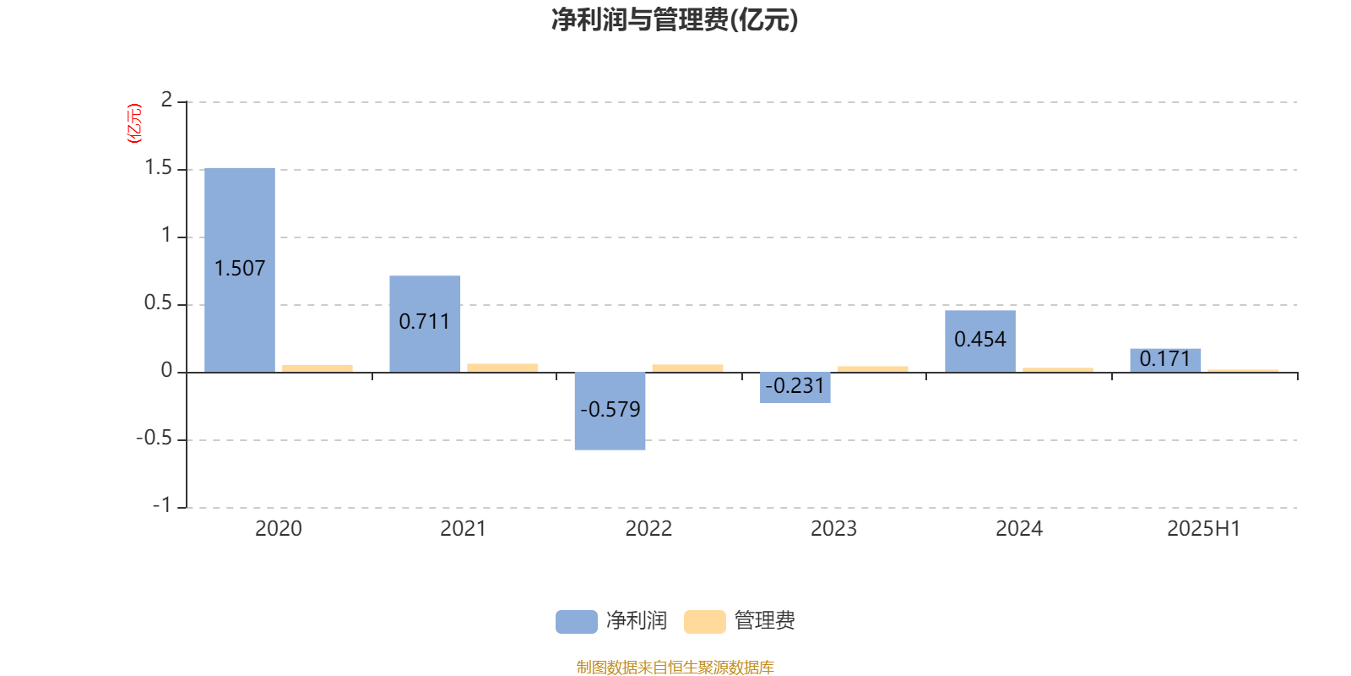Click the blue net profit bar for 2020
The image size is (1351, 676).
240,270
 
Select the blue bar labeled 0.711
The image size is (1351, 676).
425,324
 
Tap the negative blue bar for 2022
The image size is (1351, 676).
610,411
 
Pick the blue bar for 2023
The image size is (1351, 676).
795,388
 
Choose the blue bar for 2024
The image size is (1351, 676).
980,341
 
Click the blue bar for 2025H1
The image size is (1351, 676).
1165,360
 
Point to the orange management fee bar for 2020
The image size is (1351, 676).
317,368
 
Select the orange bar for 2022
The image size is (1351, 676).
687,368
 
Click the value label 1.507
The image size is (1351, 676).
240,269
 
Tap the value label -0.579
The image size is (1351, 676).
610,410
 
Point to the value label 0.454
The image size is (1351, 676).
980,340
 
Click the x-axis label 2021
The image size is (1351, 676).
463,529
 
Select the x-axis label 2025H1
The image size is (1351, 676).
1204,529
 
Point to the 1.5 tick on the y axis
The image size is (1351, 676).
158,168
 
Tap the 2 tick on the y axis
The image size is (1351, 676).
166,101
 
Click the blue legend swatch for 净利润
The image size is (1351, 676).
577,622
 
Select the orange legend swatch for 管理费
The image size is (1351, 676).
704,622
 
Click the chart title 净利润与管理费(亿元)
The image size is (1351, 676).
675,20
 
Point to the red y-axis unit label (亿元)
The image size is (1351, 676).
134,123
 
